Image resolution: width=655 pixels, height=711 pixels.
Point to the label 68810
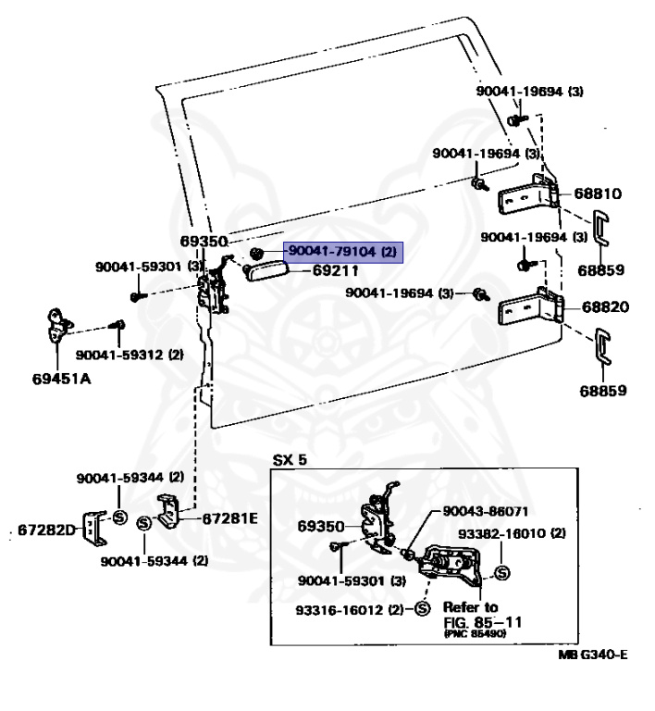[x=597, y=194]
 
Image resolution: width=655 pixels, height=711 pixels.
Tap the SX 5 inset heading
[x=290, y=460]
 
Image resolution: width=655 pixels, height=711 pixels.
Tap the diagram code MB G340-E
[x=592, y=655]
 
